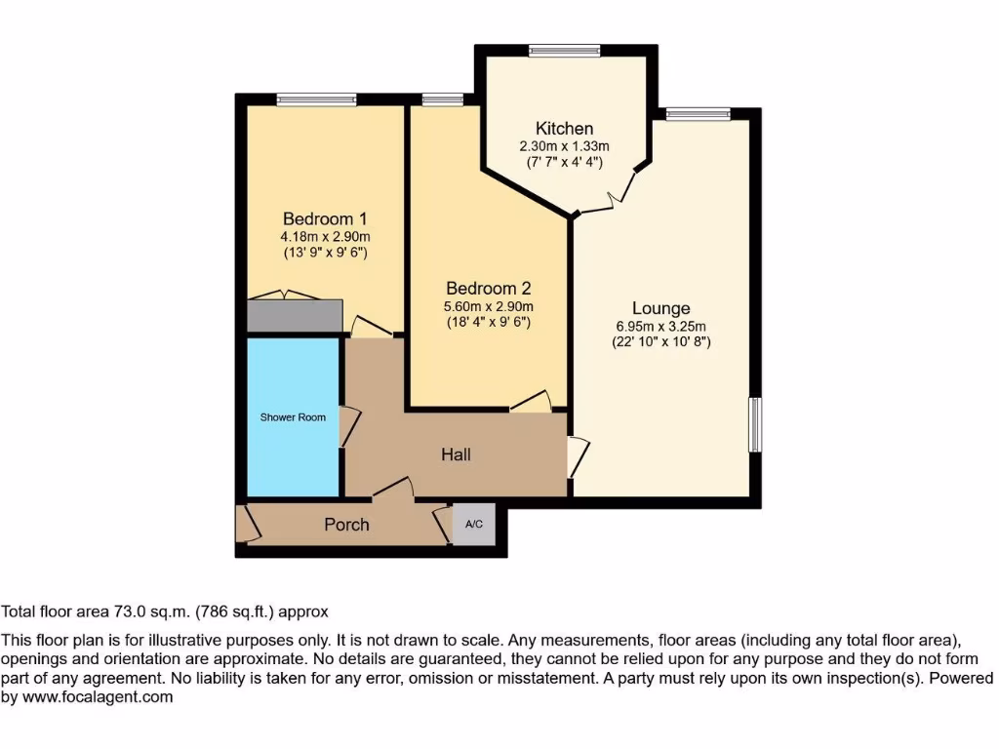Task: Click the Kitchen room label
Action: coord(564,129)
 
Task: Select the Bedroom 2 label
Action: coord(489,289)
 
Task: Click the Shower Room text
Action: coord(293,417)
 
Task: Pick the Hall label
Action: coord(456,454)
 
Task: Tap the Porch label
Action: coord(346,525)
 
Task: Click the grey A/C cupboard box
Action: coord(474,524)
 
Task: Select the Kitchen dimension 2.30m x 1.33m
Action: coord(564,146)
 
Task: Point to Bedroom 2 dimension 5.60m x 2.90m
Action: coord(489,306)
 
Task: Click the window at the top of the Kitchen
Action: coord(564,50)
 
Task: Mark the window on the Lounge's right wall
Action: coord(754,424)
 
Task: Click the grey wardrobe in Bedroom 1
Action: coord(295,316)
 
